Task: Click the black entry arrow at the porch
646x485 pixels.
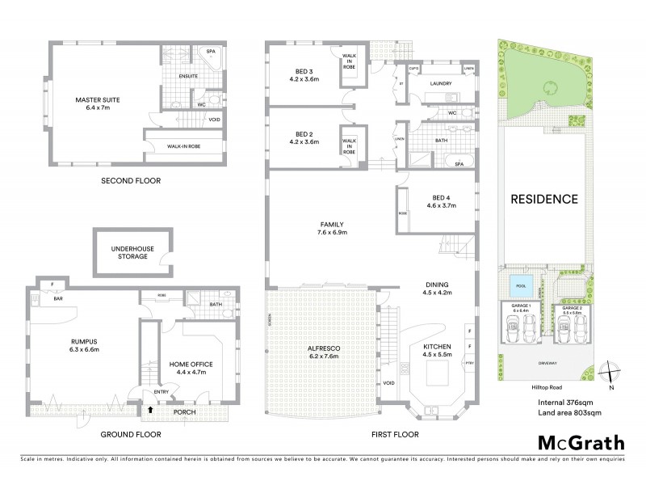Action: pyautogui.click(x=149, y=411)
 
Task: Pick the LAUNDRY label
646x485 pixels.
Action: pyautogui.click(x=440, y=83)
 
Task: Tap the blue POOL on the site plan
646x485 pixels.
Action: pyautogui.click(x=518, y=285)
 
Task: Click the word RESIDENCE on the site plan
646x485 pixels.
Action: pyautogui.click(x=543, y=199)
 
